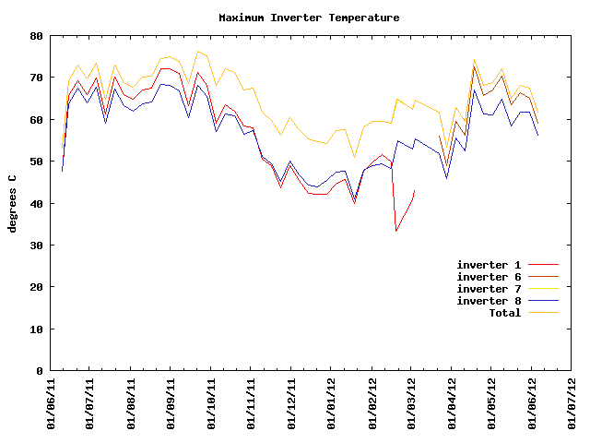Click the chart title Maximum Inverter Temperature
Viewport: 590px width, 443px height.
coord(309,18)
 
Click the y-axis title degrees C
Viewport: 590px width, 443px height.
coord(12,203)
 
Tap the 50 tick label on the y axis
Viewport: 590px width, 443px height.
coord(36,162)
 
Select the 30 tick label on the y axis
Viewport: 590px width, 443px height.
coord(36,245)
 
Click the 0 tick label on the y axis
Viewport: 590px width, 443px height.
coord(39,371)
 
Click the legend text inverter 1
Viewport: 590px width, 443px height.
coord(495,265)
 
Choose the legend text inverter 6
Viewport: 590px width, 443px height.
coord(495,277)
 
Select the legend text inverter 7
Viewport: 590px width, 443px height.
coord(495,289)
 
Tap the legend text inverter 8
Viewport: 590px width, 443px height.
coord(495,301)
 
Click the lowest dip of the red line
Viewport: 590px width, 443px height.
coord(396,231)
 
